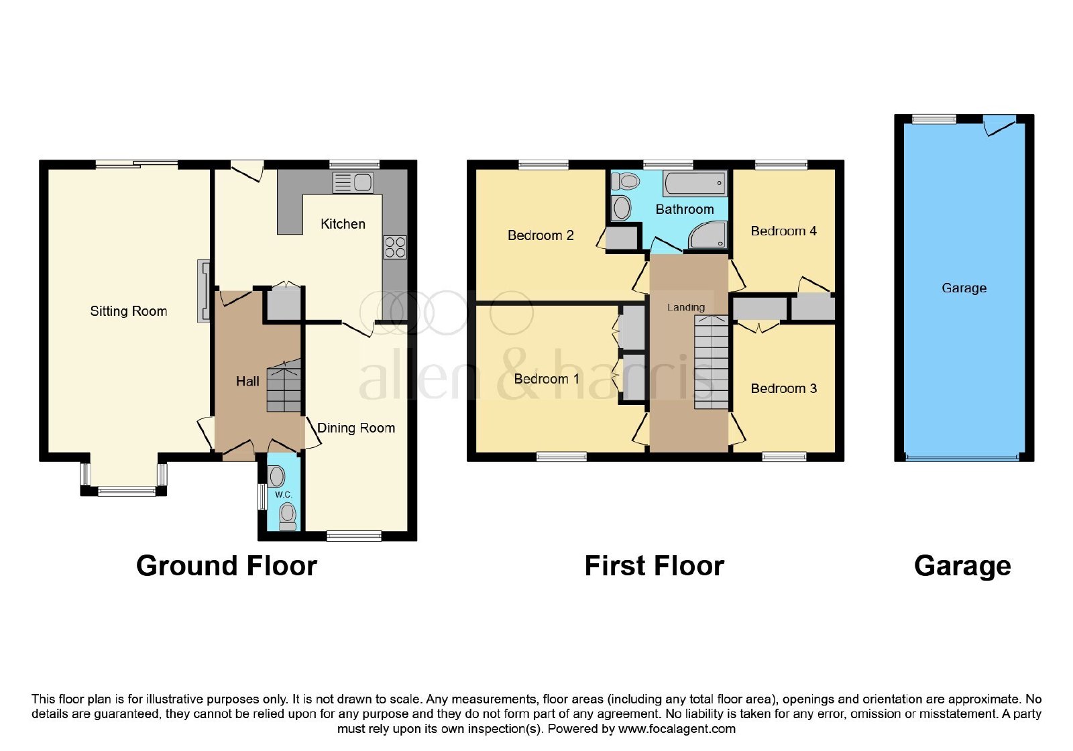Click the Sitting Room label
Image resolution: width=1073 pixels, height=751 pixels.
(x=128, y=311)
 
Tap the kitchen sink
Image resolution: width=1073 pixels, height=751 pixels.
(x=353, y=182)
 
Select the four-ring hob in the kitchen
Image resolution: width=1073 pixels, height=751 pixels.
(x=395, y=247)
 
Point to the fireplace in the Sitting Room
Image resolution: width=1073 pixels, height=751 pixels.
(x=204, y=291)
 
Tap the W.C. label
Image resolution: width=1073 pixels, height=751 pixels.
(x=283, y=494)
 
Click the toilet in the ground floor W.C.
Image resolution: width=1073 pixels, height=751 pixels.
(x=288, y=516)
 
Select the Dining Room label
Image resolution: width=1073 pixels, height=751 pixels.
(x=356, y=428)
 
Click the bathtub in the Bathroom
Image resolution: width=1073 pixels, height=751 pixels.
(x=695, y=183)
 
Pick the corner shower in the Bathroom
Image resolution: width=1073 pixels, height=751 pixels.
(x=709, y=235)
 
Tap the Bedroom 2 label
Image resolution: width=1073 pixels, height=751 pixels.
(x=541, y=235)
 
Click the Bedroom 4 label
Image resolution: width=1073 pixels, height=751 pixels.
(x=783, y=231)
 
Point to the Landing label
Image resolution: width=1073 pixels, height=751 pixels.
(x=686, y=308)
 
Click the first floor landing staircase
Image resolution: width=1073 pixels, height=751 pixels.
(x=712, y=362)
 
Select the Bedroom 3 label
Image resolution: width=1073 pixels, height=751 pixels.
(x=783, y=388)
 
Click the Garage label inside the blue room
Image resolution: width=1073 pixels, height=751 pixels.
(x=964, y=288)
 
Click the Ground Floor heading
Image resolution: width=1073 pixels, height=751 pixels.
(x=227, y=566)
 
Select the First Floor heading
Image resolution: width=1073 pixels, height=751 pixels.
(x=655, y=566)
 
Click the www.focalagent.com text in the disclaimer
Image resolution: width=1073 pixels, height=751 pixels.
(x=677, y=729)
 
